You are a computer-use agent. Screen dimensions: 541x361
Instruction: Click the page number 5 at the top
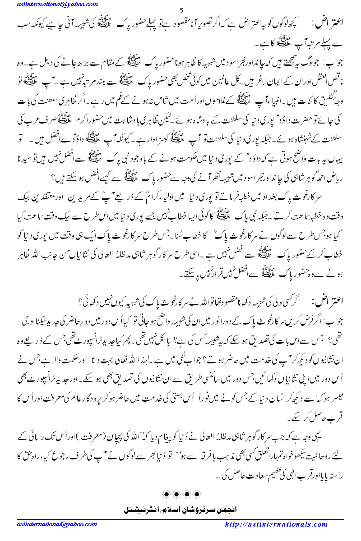coord(180,10)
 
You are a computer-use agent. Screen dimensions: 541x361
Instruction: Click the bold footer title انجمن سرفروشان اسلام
coord(180,508)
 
